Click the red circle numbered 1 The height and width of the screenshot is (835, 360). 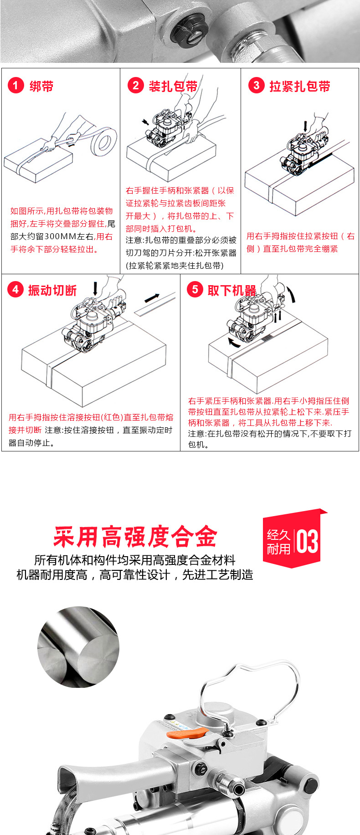pyautogui.click(x=15, y=85)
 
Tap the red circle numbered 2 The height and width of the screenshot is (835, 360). pyautogui.click(x=135, y=85)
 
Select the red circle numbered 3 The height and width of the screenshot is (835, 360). pyautogui.click(x=256, y=85)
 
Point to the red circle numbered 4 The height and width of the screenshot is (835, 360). pyautogui.click(x=15, y=289)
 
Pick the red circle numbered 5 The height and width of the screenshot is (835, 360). pyautogui.click(x=195, y=289)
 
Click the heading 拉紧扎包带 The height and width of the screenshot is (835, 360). pyautogui.click(x=300, y=86)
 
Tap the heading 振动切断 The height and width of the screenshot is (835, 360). pyautogui.click(x=52, y=290)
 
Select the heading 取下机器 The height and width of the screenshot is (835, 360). pyautogui.click(x=232, y=290)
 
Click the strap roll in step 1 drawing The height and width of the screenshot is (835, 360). pyautogui.click(x=103, y=141)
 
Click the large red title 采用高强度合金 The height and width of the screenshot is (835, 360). pyautogui.click(x=135, y=537)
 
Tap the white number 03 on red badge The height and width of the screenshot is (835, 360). pyautogui.click(x=307, y=541)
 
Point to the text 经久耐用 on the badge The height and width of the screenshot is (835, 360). pyautogui.click(x=278, y=542)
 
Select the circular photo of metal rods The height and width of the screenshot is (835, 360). pyautogui.click(x=78, y=647)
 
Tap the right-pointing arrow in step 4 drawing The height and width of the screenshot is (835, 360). pyautogui.click(x=152, y=298)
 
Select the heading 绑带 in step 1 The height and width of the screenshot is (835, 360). pyautogui.click(x=41, y=86)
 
